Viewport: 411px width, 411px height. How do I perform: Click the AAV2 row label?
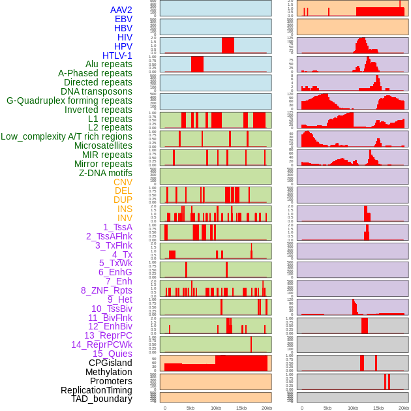121,10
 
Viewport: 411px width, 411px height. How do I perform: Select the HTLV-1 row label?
117,55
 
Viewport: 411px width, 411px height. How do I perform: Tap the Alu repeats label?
109,64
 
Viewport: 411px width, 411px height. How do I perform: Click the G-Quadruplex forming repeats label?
69,100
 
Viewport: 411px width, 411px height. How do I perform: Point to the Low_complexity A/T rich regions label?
67,136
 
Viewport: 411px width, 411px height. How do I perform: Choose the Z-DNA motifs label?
106,173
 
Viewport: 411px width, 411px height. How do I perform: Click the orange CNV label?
123,182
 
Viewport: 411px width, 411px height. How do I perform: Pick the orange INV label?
125,218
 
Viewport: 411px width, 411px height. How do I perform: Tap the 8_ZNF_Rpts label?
106,290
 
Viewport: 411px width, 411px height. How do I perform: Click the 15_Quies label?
112,354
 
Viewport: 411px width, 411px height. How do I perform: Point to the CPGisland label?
110,363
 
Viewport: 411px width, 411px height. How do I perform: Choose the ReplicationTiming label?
96,390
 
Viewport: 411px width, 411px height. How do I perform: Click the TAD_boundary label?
102,399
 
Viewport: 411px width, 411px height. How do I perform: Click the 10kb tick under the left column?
216,408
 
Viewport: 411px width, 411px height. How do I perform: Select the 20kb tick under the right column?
404,408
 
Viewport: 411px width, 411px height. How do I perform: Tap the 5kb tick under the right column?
327,408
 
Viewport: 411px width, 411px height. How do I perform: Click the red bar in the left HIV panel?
228,45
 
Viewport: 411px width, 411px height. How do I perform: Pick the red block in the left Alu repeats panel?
197,64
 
